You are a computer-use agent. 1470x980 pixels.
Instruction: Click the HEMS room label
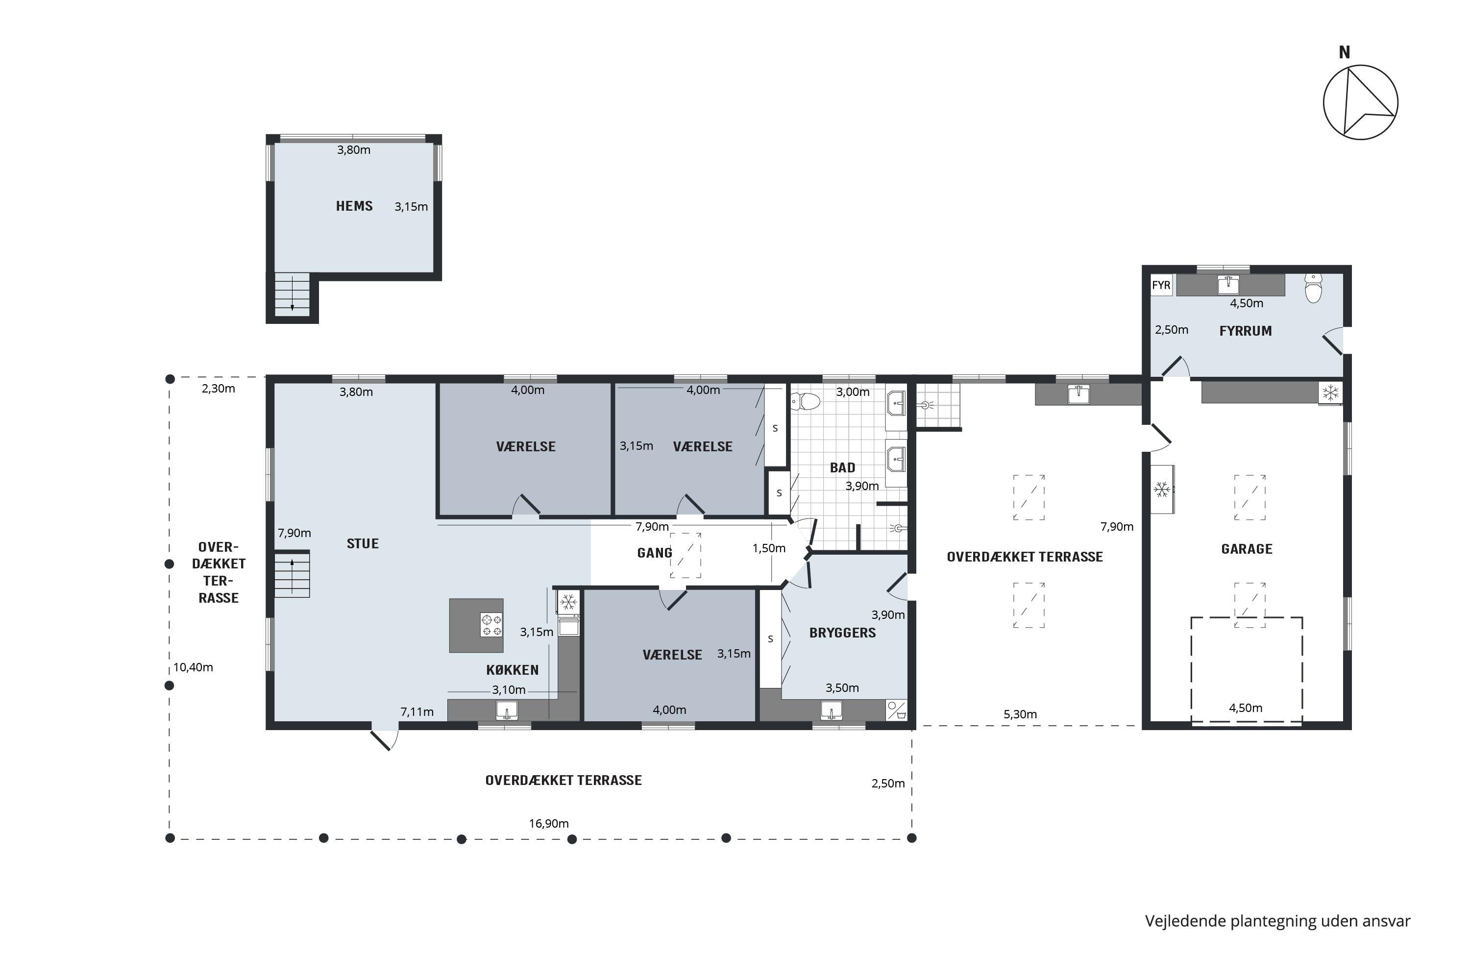(354, 206)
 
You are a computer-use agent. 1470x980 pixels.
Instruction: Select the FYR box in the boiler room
(1161, 286)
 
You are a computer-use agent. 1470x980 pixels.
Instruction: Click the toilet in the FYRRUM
(1314, 288)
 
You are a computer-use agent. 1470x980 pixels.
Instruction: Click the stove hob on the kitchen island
(491, 625)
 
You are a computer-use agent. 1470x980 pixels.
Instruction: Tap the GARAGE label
(1247, 549)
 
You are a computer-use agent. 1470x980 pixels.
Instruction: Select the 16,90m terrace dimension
(549, 824)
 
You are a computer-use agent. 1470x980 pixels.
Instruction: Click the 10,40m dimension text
(193, 667)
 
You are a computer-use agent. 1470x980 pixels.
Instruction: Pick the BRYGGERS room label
(842, 633)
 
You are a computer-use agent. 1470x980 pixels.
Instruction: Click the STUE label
(363, 544)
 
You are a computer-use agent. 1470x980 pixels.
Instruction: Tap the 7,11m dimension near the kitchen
(417, 712)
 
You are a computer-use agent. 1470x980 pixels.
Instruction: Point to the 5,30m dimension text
(1020, 714)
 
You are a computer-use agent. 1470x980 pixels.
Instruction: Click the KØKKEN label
(513, 670)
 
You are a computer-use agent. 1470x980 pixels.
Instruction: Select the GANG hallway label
(654, 553)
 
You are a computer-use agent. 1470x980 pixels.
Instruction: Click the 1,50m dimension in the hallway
(769, 549)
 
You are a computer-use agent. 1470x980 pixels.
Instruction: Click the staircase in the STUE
(292, 574)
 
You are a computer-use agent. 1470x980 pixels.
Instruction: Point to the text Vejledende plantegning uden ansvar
(1277, 921)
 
